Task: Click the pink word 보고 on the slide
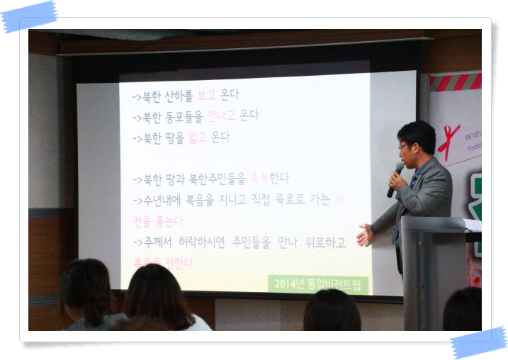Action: [x=206, y=95]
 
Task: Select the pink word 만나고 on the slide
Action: [x=221, y=116]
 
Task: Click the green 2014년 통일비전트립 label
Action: [x=318, y=284]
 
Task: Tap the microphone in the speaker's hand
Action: [x=395, y=179]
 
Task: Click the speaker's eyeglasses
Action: [x=404, y=146]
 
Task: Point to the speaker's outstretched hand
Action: [x=365, y=235]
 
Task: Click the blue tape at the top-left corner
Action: [x=28, y=16]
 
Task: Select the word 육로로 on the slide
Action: [x=288, y=200]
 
